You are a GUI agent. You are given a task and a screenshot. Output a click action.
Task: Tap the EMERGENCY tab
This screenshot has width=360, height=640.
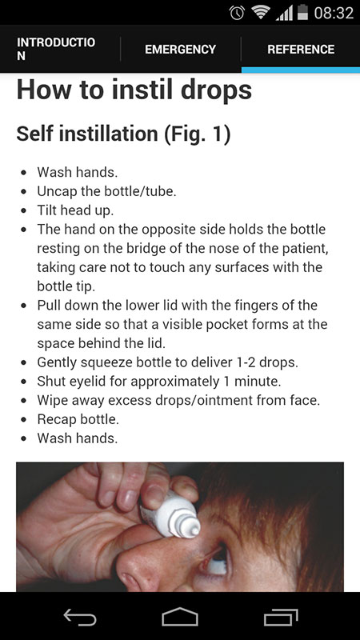pos(181,50)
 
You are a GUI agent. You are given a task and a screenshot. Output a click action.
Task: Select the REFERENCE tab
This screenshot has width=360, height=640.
pos(301,50)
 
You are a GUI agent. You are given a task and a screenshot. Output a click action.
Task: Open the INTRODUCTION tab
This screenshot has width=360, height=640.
pos(56,49)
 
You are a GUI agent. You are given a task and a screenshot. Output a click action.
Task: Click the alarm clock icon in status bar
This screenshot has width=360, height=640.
pos(237,13)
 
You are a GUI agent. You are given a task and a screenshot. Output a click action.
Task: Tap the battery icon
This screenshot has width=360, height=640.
pos(302,12)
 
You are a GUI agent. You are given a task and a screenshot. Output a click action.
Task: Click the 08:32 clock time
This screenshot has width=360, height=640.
pos(334,13)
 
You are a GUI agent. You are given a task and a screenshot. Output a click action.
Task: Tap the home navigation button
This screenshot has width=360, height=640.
pos(179,616)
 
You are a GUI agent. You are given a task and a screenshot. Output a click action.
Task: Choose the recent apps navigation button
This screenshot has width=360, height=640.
pos(281,617)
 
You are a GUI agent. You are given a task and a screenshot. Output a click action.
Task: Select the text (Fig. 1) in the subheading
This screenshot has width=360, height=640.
pos(198,134)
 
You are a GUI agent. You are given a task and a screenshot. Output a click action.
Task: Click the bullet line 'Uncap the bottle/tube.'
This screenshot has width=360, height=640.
pos(106,191)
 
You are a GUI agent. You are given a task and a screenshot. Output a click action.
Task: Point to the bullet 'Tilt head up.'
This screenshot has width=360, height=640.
pos(75,210)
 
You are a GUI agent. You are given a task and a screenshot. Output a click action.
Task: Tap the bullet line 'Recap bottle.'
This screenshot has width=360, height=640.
pos(78,418)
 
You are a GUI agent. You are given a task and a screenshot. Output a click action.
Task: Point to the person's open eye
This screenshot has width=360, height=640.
pos(216,558)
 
